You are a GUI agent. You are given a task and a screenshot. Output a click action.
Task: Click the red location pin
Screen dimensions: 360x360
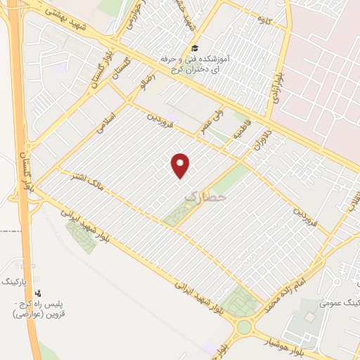pos(181,165)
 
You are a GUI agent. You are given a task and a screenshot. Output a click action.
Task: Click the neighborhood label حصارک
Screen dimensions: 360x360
pos(206,199)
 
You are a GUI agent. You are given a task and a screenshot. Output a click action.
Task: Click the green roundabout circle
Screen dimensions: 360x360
pos(243,327)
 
